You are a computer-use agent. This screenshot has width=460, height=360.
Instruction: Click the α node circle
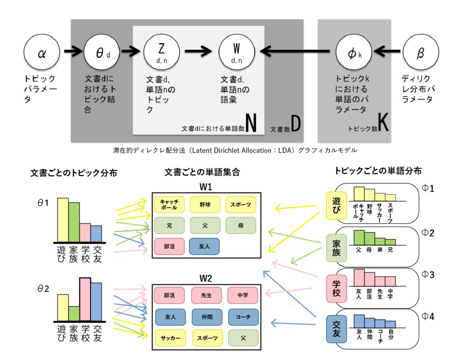(42, 52)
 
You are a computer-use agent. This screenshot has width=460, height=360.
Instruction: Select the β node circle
(420, 52)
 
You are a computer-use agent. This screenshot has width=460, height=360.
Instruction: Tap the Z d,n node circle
(161, 52)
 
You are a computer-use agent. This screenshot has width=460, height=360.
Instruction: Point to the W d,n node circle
(237, 52)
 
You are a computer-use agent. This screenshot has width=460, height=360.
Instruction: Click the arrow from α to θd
(73, 52)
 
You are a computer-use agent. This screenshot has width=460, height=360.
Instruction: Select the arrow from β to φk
(387, 52)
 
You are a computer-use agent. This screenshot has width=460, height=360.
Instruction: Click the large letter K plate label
(384, 122)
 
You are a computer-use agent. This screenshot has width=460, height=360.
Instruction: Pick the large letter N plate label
(251, 123)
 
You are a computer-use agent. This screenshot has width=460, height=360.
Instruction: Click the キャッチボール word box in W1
(169, 204)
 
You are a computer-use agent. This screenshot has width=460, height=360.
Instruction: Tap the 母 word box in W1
(241, 225)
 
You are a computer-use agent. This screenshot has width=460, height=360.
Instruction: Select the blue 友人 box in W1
(204, 246)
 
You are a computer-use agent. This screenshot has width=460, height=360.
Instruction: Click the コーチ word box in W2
(243, 317)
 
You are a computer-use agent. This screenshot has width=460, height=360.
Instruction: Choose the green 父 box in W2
(243, 338)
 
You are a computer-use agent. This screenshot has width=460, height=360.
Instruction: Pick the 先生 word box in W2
(207, 295)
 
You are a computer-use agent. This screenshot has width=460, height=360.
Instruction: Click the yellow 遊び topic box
(336, 206)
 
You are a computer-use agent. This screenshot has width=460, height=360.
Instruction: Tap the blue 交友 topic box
(336, 329)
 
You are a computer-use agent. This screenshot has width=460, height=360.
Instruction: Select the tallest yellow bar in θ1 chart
(63, 220)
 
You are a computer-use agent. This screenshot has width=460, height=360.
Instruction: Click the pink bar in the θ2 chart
(85, 299)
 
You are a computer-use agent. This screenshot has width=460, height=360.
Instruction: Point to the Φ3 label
(428, 274)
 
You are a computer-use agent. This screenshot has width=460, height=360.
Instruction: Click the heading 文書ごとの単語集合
(202, 172)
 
